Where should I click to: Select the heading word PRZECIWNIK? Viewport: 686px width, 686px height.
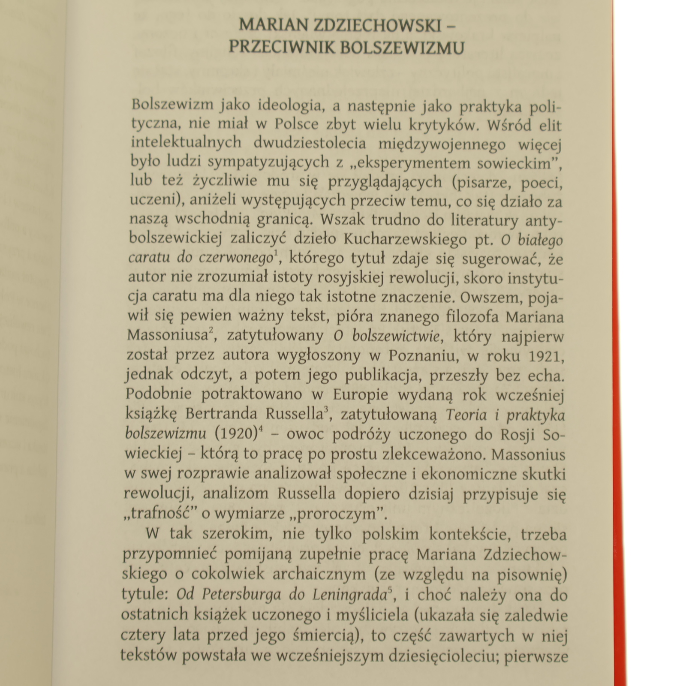(282, 48)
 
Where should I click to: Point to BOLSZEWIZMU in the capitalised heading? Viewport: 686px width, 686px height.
(402, 48)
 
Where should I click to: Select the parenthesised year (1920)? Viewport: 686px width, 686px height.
(235, 434)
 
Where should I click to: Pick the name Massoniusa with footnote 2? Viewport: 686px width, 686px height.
(167, 335)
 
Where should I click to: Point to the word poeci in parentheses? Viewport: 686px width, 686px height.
(541, 183)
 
